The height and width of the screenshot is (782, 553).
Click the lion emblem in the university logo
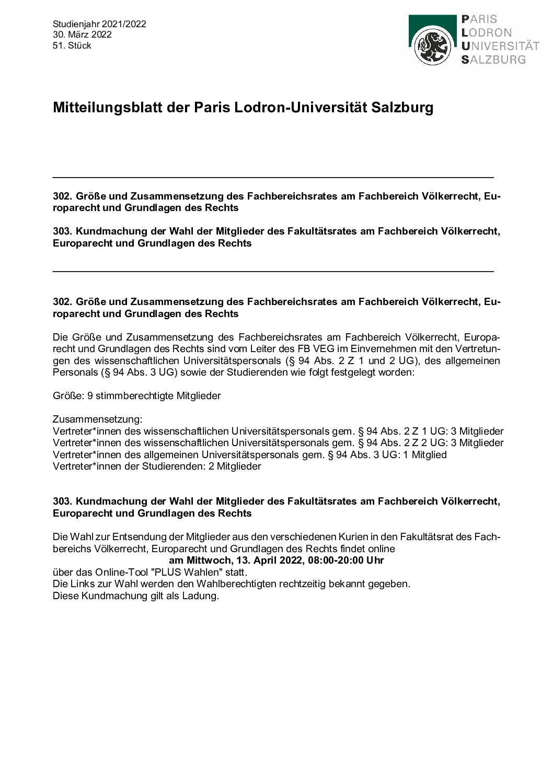click(432, 48)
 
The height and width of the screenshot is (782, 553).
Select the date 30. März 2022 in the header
click(82, 34)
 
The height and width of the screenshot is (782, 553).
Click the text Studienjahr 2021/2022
click(99, 24)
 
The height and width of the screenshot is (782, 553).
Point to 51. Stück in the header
click(72, 45)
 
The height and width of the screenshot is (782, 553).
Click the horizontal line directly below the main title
click(273, 178)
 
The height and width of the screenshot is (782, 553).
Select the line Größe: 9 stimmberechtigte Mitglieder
click(137, 395)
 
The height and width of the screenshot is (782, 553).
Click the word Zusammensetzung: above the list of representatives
click(97, 419)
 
